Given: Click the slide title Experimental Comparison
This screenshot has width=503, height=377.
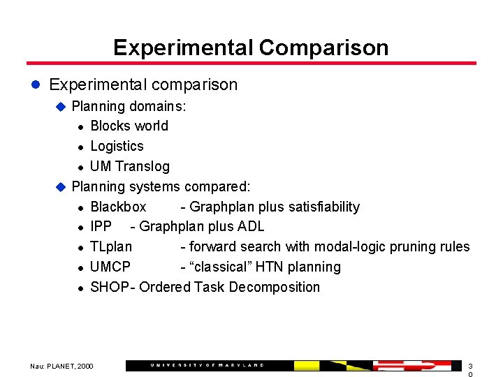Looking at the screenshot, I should coord(251,47).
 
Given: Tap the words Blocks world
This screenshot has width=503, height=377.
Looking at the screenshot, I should coord(129,126).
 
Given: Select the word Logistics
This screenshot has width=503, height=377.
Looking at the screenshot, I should coord(117,146).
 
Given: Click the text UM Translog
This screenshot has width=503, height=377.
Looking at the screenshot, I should coord(130,166).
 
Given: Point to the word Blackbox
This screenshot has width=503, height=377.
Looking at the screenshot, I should coord(118,207).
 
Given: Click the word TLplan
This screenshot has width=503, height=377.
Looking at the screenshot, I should coord(110,246).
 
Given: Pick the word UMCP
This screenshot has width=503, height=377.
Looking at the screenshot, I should coord(110,267).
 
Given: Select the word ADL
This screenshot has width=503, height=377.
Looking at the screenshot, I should coord(251,226).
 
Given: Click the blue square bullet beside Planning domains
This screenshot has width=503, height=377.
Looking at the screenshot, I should coord(60,107).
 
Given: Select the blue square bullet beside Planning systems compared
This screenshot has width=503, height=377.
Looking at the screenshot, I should coord(60,187).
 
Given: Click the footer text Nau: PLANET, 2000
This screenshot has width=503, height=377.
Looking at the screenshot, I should coord(61,366).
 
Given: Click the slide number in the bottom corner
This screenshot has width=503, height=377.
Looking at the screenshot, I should coord(470,370).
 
